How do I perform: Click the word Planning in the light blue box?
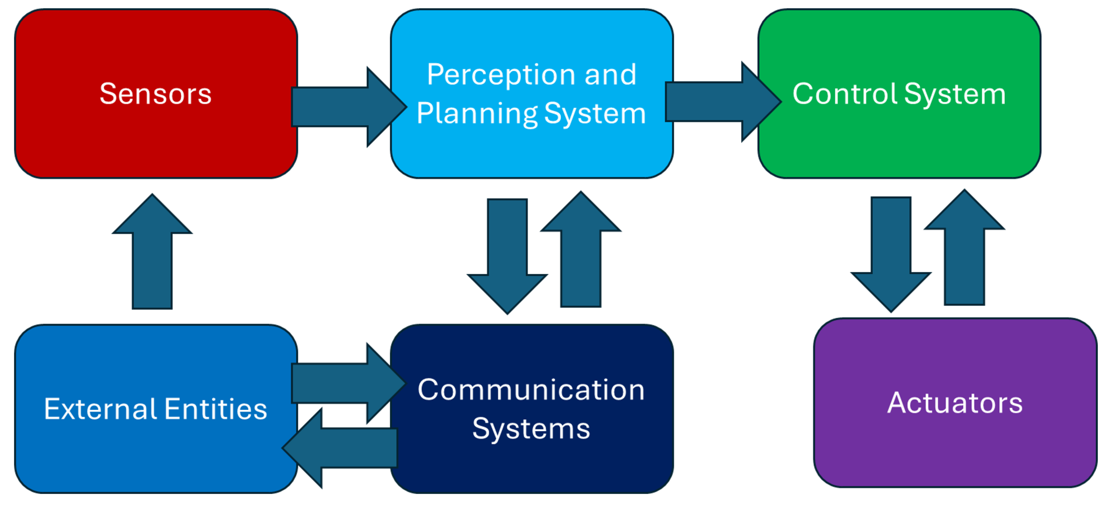tap(476, 114)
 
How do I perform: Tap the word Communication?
tap(531, 390)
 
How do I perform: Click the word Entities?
tap(216, 409)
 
